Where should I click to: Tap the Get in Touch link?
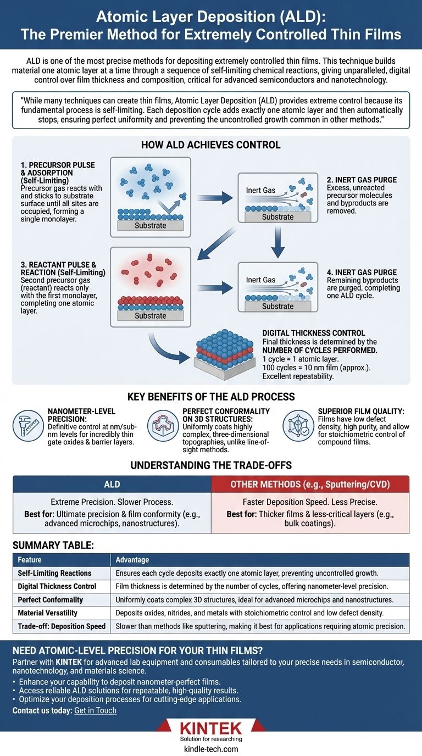click(95, 710)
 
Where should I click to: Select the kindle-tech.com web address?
click(211, 749)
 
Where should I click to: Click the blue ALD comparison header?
click(112, 484)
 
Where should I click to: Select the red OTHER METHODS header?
click(310, 484)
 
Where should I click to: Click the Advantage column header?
click(132, 559)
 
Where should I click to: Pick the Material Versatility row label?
click(47, 613)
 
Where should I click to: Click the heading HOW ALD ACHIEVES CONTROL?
click(211, 145)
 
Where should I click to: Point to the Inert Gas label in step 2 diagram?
click(260, 191)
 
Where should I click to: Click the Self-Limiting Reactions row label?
click(54, 573)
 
